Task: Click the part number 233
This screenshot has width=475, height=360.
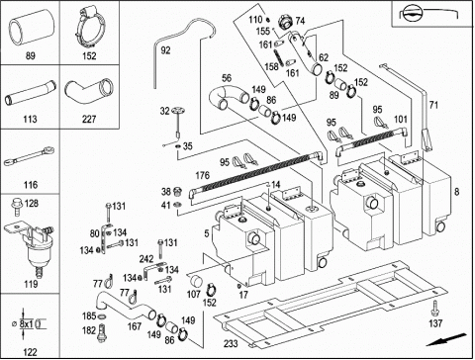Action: (231, 343)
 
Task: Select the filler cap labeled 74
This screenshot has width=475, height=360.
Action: (285, 22)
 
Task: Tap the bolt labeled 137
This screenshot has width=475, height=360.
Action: (435, 310)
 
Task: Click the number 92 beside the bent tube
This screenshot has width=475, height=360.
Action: (165, 50)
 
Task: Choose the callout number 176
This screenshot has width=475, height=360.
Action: (203, 175)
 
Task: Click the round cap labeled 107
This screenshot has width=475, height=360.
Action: (196, 281)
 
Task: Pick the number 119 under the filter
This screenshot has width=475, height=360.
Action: (31, 284)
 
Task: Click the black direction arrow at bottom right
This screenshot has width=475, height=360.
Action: (446, 340)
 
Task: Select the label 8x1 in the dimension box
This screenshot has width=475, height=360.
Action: (27, 323)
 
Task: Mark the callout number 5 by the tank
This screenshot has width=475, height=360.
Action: (207, 233)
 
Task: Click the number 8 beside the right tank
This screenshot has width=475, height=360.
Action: (456, 192)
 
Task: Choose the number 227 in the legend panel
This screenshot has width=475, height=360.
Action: (89, 119)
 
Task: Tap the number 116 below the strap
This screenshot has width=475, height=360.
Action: (31, 185)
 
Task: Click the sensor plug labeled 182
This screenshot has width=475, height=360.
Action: (102, 333)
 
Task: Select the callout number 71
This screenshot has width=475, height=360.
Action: (433, 105)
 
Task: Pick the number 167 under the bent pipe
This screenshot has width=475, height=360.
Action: (135, 326)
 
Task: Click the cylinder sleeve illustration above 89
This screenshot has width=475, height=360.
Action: (31, 28)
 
